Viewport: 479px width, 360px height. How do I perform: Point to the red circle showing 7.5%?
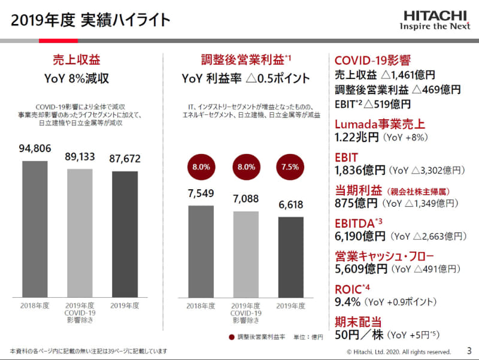[290, 168]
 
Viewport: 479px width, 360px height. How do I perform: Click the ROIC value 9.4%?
[347, 302]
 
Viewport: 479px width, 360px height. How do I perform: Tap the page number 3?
[469, 350]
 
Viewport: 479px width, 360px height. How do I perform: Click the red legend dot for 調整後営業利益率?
[231, 337]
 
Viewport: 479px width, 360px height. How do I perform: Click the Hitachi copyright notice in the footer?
[399, 352]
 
